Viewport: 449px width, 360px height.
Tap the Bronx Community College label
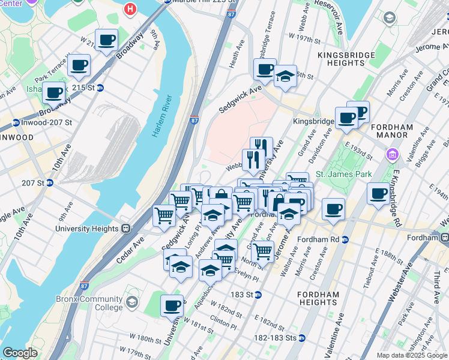(89, 305)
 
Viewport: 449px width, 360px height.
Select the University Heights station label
(89, 228)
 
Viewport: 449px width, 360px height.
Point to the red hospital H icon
(129, 9)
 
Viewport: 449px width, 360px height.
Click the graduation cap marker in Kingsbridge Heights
(285, 76)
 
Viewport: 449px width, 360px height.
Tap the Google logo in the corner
(20, 353)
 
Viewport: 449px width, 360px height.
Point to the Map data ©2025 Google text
(411, 355)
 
